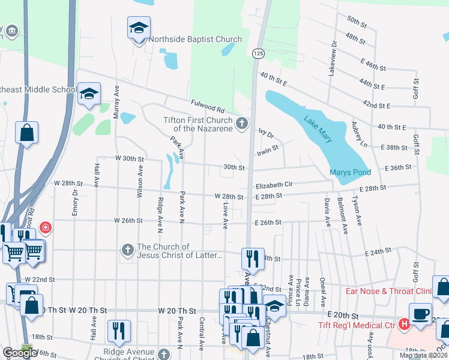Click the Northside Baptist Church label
[195, 40]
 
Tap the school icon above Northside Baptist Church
[139, 28]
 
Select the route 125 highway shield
[258, 54]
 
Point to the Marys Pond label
[349, 173]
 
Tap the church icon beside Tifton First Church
[242, 124]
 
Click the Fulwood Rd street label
[207, 108]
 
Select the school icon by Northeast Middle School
[89, 94]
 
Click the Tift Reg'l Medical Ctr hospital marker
[405, 325]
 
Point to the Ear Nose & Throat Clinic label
[388, 292]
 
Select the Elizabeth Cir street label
[273, 185]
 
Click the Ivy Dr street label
[266, 135]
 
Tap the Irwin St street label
[267, 149]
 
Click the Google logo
[20, 353]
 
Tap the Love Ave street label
[226, 215]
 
